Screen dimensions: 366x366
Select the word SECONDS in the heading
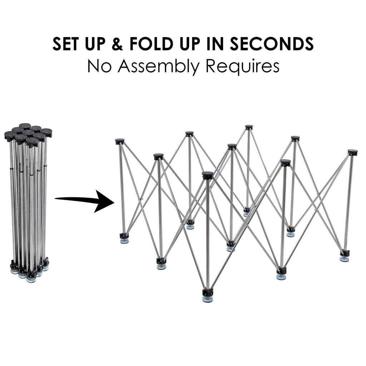click(272, 44)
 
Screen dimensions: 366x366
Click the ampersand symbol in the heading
click(117, 44)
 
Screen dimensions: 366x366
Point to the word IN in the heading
click(216, 44)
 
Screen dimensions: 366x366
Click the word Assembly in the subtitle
click(158, 66)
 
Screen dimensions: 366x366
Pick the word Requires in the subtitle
click(242, 67)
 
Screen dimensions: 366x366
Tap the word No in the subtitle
click(99, 66)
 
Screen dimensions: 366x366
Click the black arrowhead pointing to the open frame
click(104, 201)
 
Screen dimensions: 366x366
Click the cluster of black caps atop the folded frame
click(28, 135)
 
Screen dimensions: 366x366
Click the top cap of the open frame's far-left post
click(119, 141)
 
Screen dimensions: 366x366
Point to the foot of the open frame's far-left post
click(124, 238)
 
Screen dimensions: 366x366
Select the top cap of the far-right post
click(352, 153)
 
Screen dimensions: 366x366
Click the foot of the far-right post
click(345, 256)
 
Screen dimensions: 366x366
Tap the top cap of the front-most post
click(208, 175)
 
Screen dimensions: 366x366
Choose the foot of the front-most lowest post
click(208, 296)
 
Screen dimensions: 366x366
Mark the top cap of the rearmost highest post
click(249, 127)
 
